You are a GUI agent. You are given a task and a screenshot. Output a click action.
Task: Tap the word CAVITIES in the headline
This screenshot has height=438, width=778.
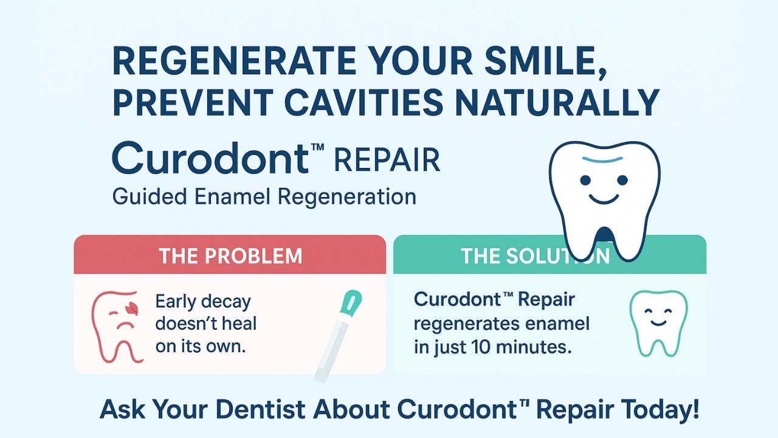[x=363, y=103]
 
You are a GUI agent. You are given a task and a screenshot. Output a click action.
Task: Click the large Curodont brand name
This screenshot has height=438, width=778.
[x=210, y=158]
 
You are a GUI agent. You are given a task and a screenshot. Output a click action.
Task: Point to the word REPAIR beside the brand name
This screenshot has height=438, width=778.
[x=387, y=160]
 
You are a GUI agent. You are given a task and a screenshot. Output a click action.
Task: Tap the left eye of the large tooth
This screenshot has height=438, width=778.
[x=585, y=180]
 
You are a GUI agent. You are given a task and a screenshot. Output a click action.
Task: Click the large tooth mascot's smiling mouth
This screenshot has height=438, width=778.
[x=604, y=199]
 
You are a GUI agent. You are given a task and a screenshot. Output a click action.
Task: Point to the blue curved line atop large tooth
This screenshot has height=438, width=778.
[x=602, y=160]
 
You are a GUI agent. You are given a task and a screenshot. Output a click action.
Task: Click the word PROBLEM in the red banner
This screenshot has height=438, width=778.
[x=253, y=256]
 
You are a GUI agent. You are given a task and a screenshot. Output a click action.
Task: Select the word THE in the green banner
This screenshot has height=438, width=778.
[x=480, y=256]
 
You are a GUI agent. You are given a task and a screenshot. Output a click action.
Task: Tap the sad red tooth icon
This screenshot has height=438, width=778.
[x=118, y=327]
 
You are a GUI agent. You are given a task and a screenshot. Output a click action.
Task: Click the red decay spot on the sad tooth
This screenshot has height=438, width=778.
[x=133, y=308]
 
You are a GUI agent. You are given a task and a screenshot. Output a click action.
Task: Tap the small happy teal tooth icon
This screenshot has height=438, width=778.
[x=658, y=323]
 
